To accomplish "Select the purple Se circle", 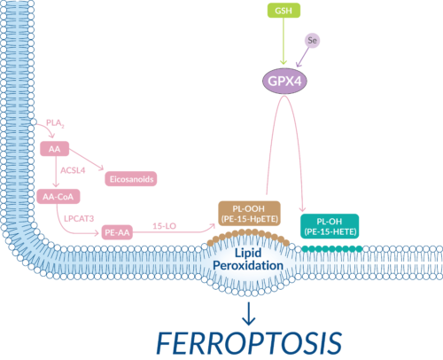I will tap(311, 41).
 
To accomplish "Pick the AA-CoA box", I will tap(60, 195).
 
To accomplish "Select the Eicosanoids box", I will tap(131, 179).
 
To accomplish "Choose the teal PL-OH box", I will tap(330, 225).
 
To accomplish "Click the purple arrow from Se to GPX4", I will tap(300, 55).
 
